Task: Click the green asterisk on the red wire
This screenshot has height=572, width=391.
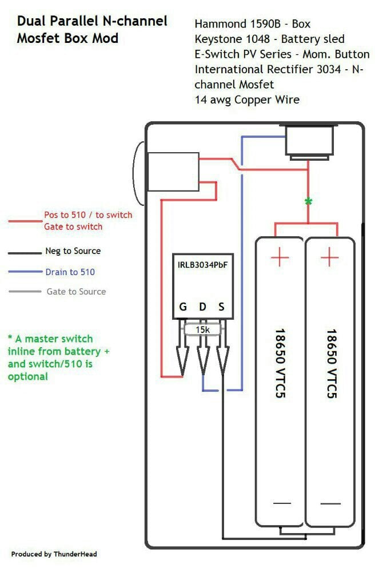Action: coord(309,201)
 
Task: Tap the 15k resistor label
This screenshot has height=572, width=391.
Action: coord(202,329)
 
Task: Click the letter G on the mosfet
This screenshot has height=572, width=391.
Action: coord(183,307)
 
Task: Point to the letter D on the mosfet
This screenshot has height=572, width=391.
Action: coord(202,307)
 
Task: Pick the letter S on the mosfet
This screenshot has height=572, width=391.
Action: coord(221,307)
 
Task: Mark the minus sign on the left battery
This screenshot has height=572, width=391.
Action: coord(282,503)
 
